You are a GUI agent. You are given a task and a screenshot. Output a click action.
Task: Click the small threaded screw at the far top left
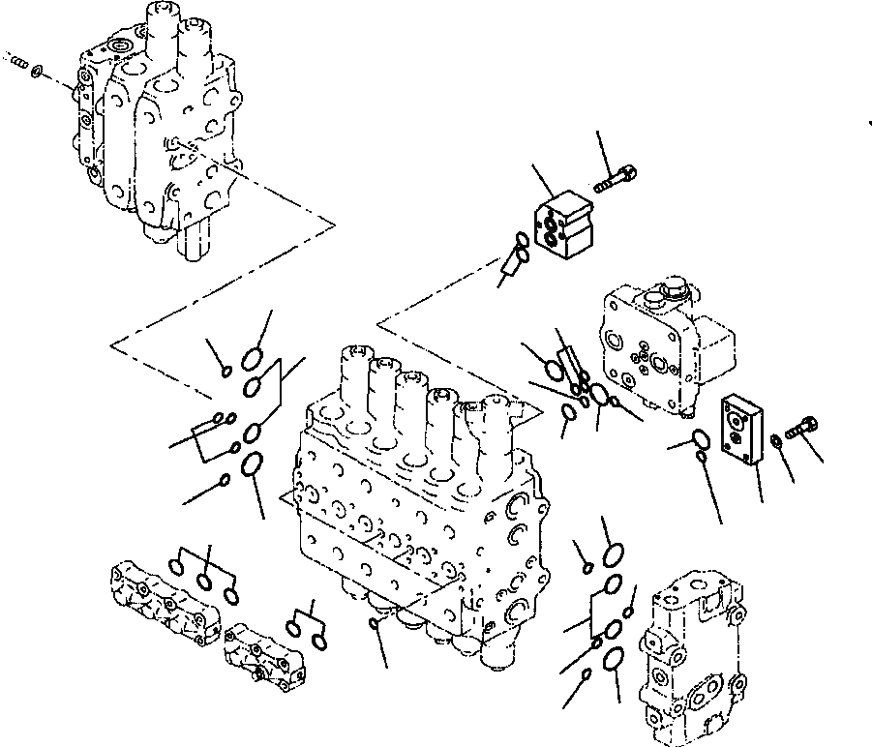click(x=16, y=65)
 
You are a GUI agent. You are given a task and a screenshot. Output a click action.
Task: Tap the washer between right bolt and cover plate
click(x=777, y=442)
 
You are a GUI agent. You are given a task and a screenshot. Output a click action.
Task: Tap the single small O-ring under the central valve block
click(x=375, y=624)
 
